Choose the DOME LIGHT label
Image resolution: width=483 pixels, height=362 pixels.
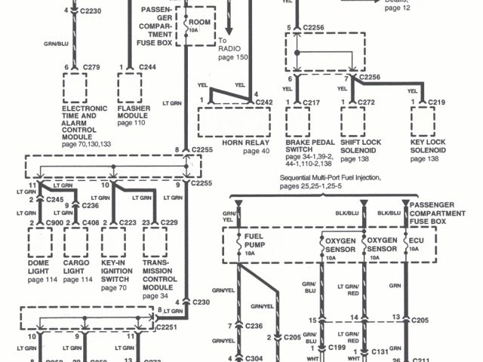pos(42,267)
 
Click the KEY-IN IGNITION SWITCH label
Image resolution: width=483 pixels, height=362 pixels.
pos(118,271)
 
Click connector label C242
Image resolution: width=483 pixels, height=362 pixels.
pos(264,100)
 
